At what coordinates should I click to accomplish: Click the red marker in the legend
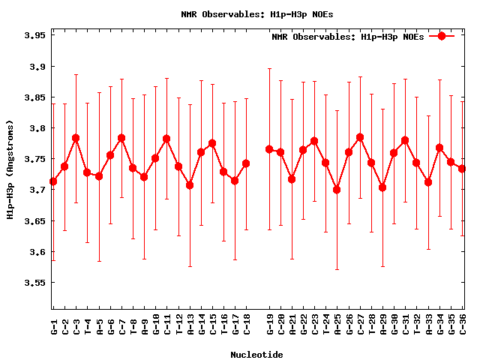[x=442, y=36]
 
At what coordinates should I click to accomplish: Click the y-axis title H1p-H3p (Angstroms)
[x=10, y=171]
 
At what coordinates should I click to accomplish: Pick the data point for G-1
[x=53, y=181]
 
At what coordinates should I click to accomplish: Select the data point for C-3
[x=76, y=138]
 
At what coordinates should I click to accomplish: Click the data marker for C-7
[x=121, y=138]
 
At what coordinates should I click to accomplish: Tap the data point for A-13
[x=190, y=185]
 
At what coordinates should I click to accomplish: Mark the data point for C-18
[x=246, y=163]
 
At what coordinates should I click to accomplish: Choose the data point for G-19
[x=269, y=149]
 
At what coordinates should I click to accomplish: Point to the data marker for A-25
[x=337, y=190]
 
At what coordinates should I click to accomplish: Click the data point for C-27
[x=360, y=137]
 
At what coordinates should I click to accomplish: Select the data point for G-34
[x=439, y=148]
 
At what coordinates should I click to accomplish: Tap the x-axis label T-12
[x=178, y=326]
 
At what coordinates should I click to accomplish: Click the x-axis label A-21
[x=292, y=326]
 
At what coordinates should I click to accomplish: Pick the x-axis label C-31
[x=405, y=326]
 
